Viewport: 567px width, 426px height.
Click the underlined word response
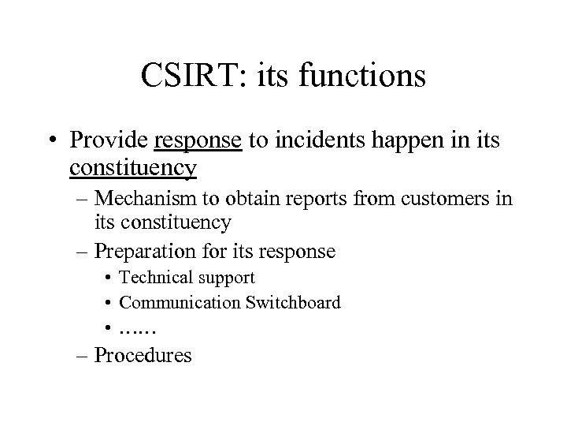(x=198, y=141)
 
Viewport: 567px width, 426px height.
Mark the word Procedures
(x=143, y=355)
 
